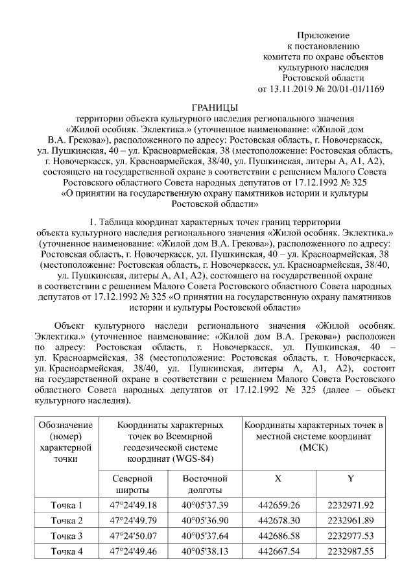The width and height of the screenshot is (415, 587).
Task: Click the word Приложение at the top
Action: click(x=323, y=34)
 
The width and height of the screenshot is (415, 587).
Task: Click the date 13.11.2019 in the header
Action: click(x=289, y=89)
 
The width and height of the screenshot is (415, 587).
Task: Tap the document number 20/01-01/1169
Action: click(x=349, y=89)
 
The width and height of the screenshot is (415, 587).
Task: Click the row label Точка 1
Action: click(x=67, y=505)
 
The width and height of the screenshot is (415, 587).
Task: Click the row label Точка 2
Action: click(x=67, y=521)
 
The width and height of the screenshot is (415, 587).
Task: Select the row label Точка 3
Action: click(x=67, y=536)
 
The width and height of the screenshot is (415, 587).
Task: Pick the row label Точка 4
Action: click(x=67, y=552)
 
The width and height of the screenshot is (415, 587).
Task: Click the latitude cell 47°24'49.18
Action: click(x=134, y=505)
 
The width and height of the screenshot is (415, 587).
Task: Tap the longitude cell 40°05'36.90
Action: click(x=204, y=521)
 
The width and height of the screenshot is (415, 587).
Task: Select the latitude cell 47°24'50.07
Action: click(x=134, y=536)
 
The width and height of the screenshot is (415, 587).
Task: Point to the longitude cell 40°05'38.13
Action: click(x=204, y=552)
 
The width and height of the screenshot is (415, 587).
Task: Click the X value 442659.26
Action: click(x=278, y=505)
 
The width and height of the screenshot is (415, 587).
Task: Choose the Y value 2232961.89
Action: click(x=351, y=521)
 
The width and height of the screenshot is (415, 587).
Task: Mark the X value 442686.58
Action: click(x=278, y=536)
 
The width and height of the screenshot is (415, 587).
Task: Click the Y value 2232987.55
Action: click(x=351, y=552)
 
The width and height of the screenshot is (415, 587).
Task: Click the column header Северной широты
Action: click(x=133, y=483)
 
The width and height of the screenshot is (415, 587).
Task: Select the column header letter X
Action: click(x=278, y=478)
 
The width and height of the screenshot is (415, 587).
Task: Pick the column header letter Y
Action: click(x=350, y=478)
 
